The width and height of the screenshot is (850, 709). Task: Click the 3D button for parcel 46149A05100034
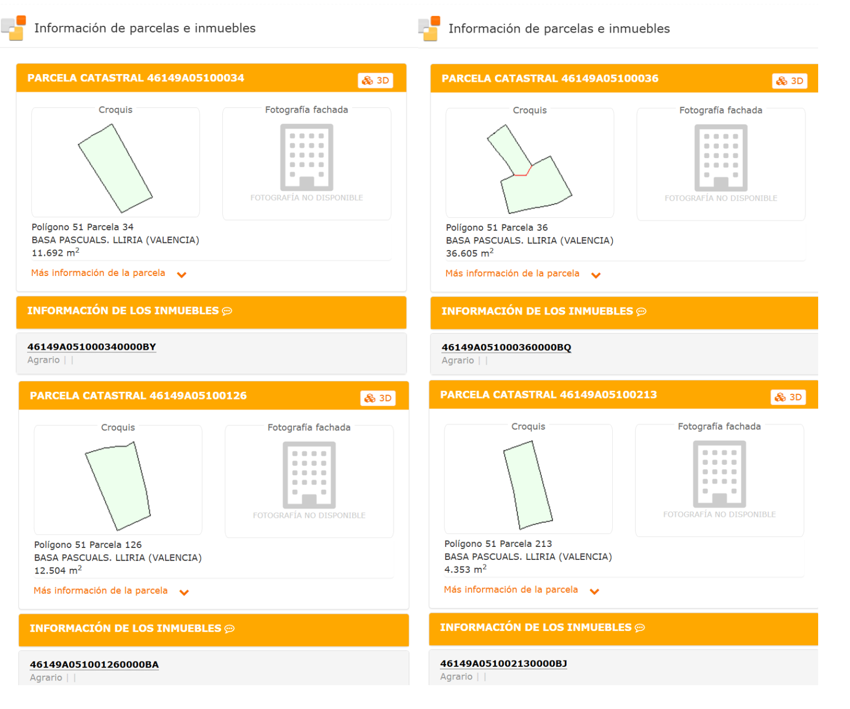click(376, 81)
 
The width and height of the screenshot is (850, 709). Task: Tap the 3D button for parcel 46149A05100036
click(789, 81)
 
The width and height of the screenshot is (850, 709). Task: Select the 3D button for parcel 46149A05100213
click(788, 397)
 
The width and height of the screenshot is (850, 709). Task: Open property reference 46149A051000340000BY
click(92, 347)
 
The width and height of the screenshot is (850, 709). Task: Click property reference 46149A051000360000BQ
click(506, 347)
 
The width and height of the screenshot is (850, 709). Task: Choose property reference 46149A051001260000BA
click(94, 664)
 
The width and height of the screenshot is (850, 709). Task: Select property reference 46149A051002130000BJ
click(503, 663)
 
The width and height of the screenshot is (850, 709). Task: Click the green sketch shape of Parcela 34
click(115, 168)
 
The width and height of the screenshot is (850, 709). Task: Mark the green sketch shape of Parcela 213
click(528, 485)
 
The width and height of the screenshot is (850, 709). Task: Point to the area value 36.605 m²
click(470, 253)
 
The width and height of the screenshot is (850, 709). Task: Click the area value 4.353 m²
click(466, 569)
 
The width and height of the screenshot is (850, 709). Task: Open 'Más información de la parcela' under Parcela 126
click(100, 591)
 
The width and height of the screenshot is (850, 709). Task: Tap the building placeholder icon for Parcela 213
click(719, 474)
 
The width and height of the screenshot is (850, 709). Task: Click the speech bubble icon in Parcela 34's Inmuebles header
click(227, 311)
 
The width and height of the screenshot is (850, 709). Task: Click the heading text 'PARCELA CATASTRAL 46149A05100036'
click(550, 79)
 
